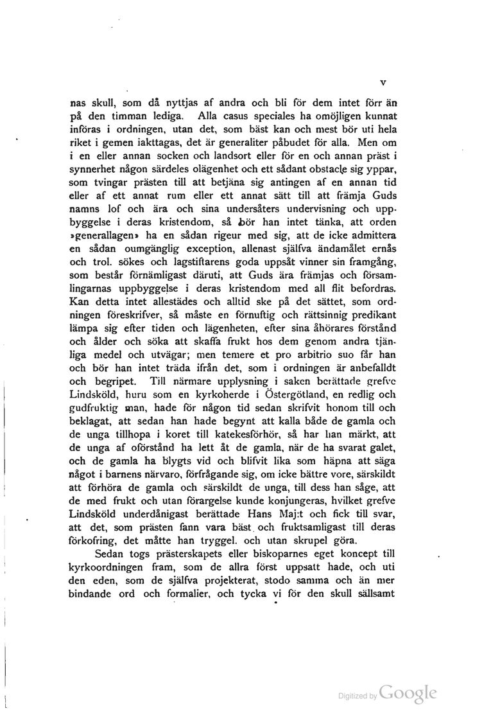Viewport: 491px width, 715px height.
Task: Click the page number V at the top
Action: tap(383, 82)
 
